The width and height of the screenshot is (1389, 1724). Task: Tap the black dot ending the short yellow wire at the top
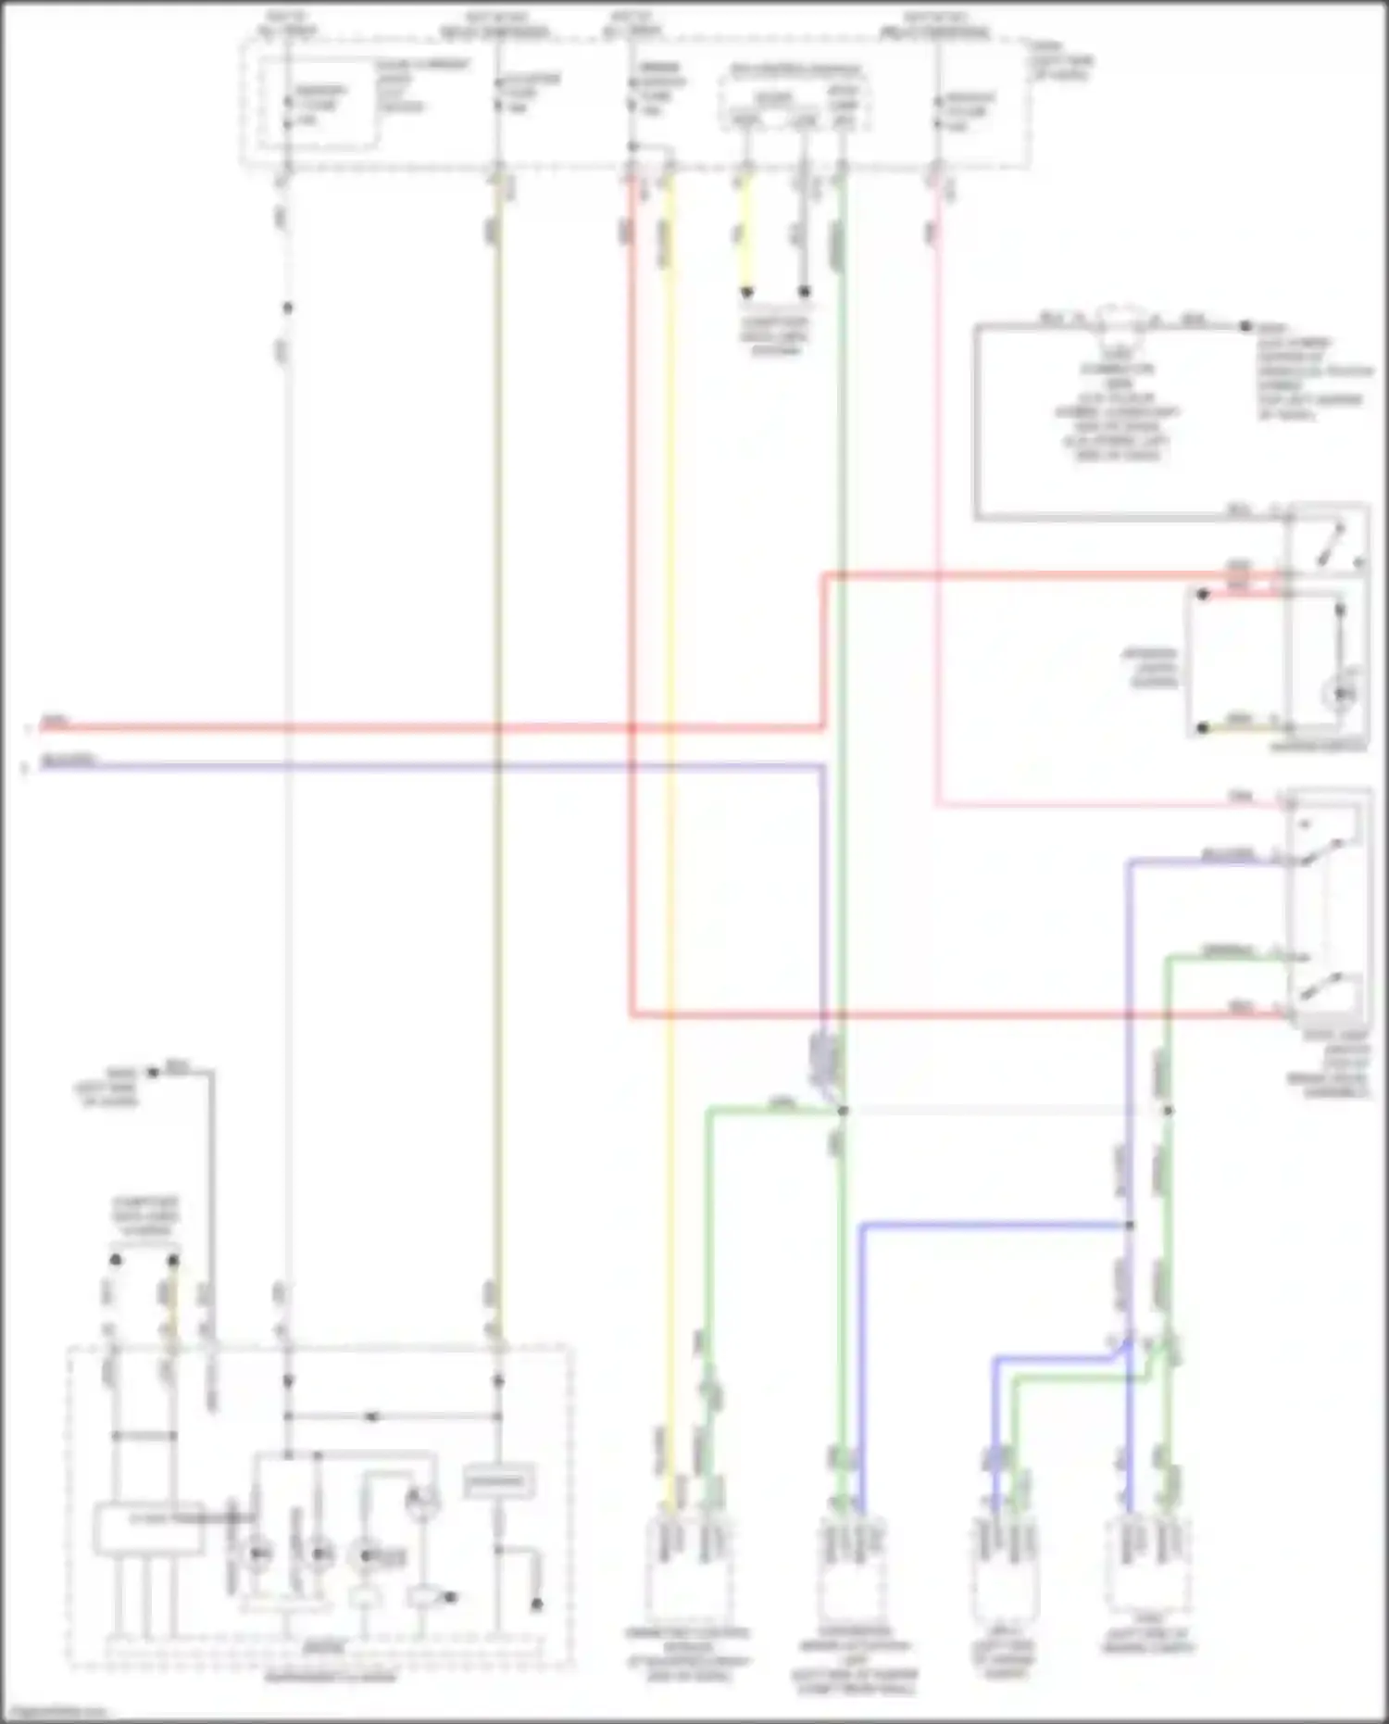point(746,292)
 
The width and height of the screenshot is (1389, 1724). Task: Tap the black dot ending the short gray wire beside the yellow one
point(804,292)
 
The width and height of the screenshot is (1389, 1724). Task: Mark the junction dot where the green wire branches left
point(843,1110)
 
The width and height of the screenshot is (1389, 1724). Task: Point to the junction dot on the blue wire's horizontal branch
point(1130,1226)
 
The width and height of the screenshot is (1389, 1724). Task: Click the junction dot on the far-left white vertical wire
point(288,308)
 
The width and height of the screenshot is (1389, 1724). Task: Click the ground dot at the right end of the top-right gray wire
point(1246,326)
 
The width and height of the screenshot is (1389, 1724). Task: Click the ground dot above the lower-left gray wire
point(154,1073)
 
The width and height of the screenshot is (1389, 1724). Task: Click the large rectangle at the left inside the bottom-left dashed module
point(149,1528)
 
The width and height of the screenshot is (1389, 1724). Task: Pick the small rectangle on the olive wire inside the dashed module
point(498,1480)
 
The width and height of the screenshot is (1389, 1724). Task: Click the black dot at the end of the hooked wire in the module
point(536,1604)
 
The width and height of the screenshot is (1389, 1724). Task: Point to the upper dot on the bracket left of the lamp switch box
point(1202,594)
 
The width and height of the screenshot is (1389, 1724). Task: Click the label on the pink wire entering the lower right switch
point(1240,796)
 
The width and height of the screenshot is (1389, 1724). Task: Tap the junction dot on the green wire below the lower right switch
point(1168,1110)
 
